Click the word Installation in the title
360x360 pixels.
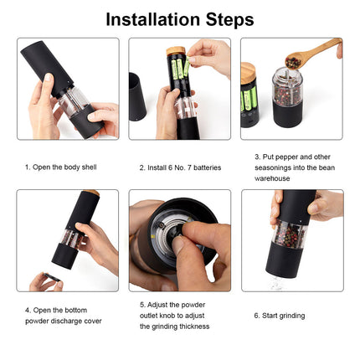pyautogui.click(x=153, y=19)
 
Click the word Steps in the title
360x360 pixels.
pyautogui.click(x=229, y=20)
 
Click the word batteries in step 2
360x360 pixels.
pyautogui.click(x=207, y=167)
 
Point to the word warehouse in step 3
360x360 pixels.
pyautogui.click(x=272, y=178)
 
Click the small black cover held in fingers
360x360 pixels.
pyautogui.click(x=52, y=278)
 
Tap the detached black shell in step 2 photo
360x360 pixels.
pyautogui.click(x=137, y=97)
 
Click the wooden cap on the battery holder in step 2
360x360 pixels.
pyautogui.click(x=176, y=51)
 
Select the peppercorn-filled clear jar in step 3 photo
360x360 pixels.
pyautogui.click(x=287, y=87)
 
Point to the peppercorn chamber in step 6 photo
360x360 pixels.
pyautogui.click(x=290, y=234)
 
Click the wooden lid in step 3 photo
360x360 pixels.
pyautogui.click(x=248, y=74)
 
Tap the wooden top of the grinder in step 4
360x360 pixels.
pyautogui.click(x=91, y=193)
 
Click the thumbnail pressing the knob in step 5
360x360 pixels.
pyautogui.click(x=178, y=244)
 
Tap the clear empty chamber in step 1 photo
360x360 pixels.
pyautogui.click(x=74, y=102)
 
